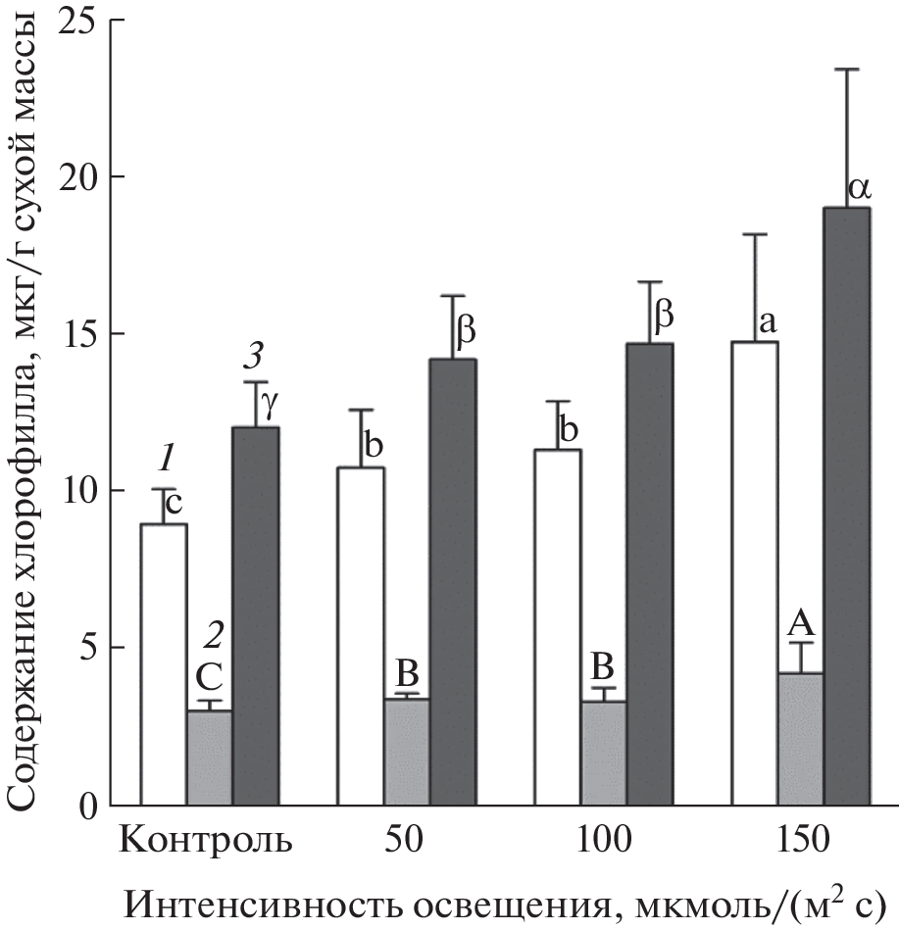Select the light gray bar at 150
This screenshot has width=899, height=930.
pos(800,739)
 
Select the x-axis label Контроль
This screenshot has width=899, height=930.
pos(208,842)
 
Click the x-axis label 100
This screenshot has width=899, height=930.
pos(602,842)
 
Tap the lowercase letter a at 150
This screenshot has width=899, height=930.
pos(769,321)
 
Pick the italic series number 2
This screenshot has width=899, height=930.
pos(212,637)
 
